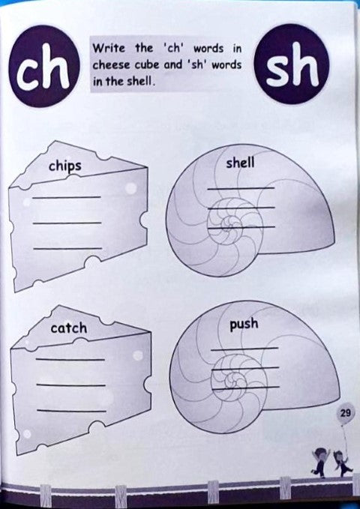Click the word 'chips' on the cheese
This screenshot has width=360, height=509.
pyautogui.click(x=64, y=166)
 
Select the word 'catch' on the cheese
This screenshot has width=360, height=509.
pyautogui.click(x=68, y=328)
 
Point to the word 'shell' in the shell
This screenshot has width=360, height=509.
pyautogui.click(x=240, y=162)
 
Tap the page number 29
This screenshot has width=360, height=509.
pyautogui.click(x=346, y=413)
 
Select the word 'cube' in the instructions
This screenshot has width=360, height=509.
pyautogui.click(x=146, y=65)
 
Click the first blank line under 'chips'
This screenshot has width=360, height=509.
pyautogui.click(x=67, y=196)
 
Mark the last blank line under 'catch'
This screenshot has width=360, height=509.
pyautogui.click(x=70, y=410)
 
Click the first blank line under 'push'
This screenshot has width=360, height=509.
pyautogui.click(x=244, y=349)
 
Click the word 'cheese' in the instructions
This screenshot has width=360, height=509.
pyautogui.click(x=109, y=65)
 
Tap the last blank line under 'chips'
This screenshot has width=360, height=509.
pyautogui.click(x=67, y=247)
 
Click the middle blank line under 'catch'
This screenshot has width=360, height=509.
pyautogui.click(x=70, y=385)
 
